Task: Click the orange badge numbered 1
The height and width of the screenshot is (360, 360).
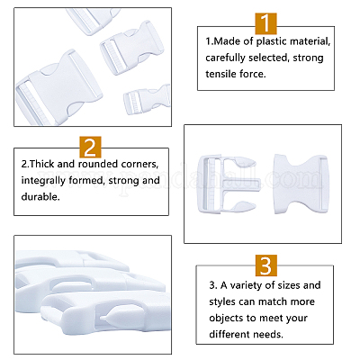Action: click(265, 23)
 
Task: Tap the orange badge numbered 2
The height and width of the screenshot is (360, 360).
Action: click(90, 148)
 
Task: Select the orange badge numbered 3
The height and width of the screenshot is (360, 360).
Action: click(266, 265)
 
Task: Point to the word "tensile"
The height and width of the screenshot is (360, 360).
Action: click(220, 74)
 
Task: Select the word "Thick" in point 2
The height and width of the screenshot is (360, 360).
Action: click(42, 164)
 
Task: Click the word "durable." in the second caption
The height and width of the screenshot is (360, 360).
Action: click(40, 197)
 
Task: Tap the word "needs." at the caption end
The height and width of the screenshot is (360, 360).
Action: click(268, 334)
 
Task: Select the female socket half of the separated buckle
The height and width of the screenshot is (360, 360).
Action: click(301, 184)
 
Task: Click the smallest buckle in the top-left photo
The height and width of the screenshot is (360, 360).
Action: click(147, 99)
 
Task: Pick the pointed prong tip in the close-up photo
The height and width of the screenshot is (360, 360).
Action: click(103, 318)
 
